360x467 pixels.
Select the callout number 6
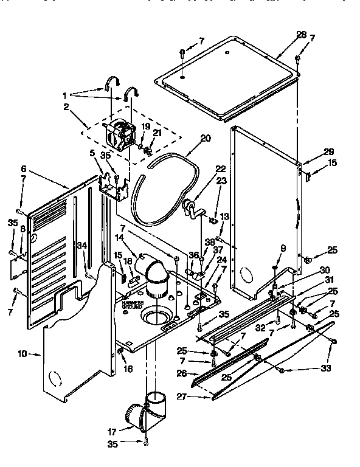point(24,168)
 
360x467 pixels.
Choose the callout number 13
point(224,216)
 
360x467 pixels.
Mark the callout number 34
point(81,246)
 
